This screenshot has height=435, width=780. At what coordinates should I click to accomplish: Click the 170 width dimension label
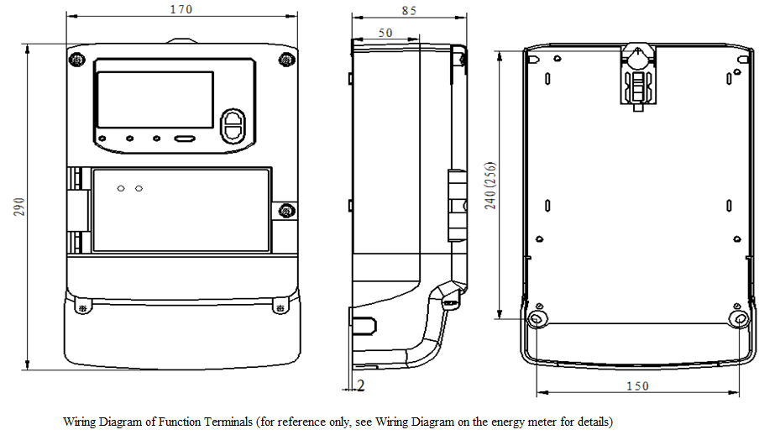tap(181, 9)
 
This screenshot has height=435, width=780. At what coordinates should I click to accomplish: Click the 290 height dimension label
tap(19, 207)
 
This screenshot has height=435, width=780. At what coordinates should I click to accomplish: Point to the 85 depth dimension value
tap(409, 11)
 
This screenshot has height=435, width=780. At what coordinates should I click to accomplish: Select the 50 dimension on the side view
tap(385, 32)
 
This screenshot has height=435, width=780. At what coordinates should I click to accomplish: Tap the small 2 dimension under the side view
tap(361, 385)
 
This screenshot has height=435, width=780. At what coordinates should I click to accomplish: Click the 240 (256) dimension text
tap(491, 186)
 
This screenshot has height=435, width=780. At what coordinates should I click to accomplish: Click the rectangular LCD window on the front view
tap(156, 98)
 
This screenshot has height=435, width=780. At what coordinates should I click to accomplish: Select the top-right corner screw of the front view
tap(286, 59)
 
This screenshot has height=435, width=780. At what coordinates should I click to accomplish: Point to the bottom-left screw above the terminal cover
tap(82, 307)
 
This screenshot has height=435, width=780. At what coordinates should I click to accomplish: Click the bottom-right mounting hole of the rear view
tap(739, 319)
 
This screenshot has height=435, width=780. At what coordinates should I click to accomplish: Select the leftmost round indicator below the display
tap(102, 139)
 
